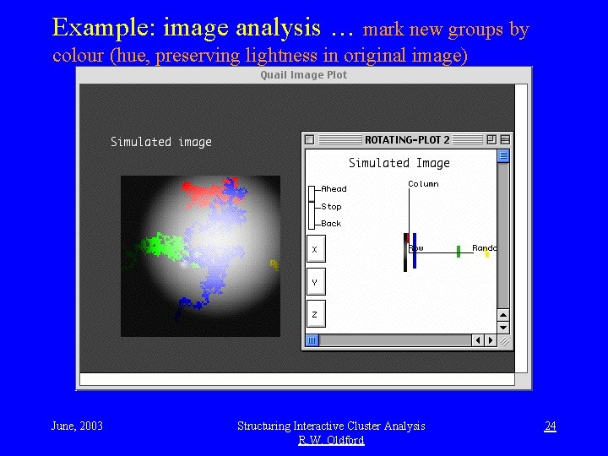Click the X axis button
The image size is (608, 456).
[315, 250]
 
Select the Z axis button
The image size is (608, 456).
[315, 314]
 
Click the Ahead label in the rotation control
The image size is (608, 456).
[333, 189]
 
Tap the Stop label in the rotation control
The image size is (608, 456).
[331, 207]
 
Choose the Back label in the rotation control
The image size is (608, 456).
[331, 224]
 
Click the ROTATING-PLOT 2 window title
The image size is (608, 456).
[407, 139]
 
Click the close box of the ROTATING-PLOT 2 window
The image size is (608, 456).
[309, 139]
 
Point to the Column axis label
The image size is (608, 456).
[423, 184]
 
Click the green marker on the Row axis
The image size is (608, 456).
[459, 251]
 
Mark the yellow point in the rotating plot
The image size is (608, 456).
[487, 254]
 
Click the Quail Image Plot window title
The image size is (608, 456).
[303, 75]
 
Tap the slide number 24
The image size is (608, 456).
[550, 426]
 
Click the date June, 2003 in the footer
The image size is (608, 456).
[77, 426]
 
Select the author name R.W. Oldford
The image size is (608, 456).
[331, 440]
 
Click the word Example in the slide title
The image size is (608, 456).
[100, 28]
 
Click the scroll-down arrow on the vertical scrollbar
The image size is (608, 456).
[503, 327]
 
